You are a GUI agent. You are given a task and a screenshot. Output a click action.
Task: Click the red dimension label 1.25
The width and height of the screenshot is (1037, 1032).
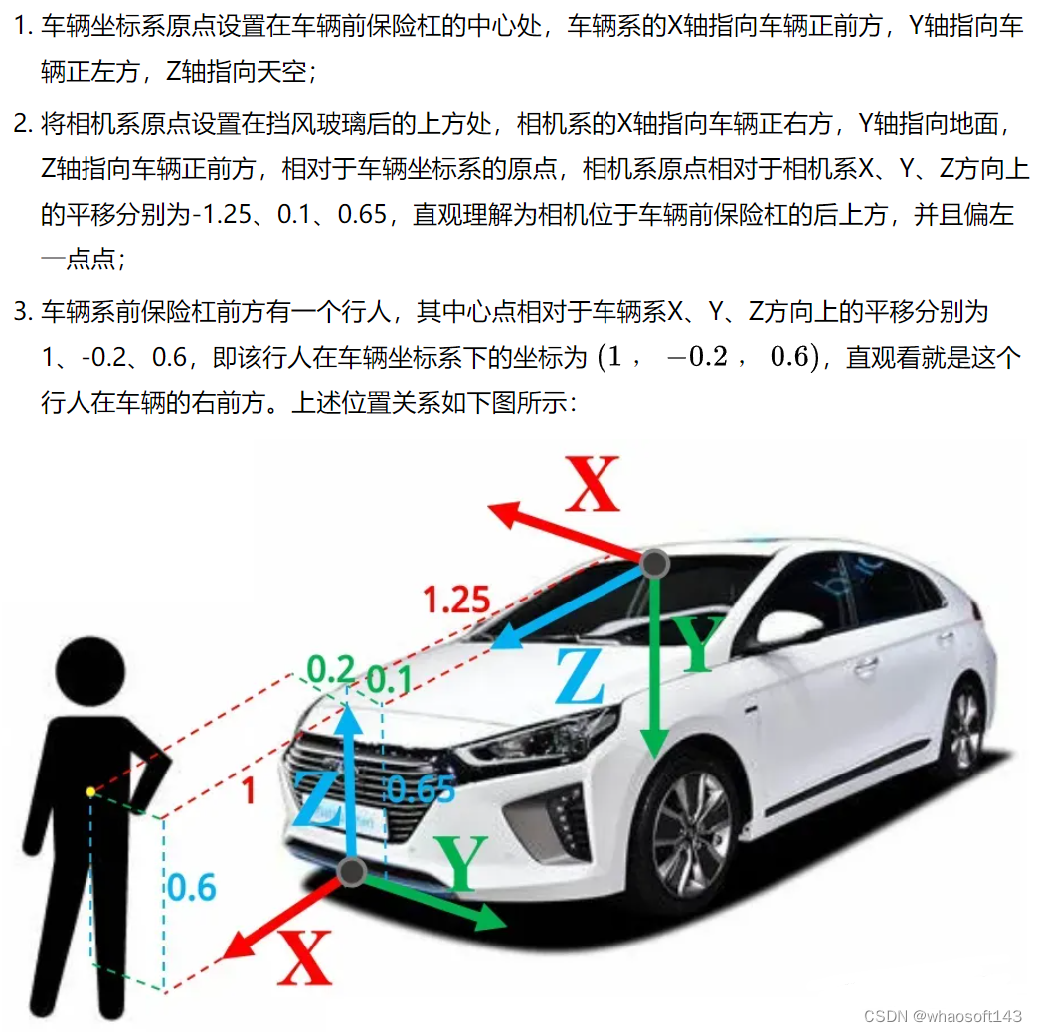point(456,600)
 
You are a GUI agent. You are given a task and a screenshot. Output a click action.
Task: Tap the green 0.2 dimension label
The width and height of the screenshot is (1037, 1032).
point(331,669)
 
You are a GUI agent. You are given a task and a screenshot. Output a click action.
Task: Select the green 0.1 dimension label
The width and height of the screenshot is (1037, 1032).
point(389,679)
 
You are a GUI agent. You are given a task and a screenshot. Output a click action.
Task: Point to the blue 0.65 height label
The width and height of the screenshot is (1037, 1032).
point(422,789)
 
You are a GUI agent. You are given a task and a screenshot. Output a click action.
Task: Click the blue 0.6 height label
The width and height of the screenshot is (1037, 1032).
point(191,887)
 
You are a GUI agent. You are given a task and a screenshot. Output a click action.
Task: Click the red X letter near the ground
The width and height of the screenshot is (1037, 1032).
point(304,957)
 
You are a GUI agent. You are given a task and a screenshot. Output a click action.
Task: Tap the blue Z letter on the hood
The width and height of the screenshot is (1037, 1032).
point(580,675)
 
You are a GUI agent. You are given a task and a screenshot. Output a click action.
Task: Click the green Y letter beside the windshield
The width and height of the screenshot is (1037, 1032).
point(700,643)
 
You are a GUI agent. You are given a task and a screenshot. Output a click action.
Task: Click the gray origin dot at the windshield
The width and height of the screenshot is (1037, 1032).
point(655,564)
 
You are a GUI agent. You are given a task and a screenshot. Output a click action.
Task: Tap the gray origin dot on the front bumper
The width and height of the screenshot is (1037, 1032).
point(352,872)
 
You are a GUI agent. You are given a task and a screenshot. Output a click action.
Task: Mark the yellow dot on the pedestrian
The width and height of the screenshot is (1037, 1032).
point(91,791)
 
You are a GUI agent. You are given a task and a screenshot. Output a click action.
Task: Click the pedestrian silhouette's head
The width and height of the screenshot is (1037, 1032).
point(89,671)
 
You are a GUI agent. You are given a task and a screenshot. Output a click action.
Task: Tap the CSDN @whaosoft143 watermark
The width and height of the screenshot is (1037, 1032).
point(944,1015)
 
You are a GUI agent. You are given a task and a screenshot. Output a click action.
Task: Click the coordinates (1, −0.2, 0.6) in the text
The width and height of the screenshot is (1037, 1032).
point(708,357)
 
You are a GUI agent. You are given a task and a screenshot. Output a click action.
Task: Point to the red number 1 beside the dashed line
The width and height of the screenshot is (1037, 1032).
point(249,790)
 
